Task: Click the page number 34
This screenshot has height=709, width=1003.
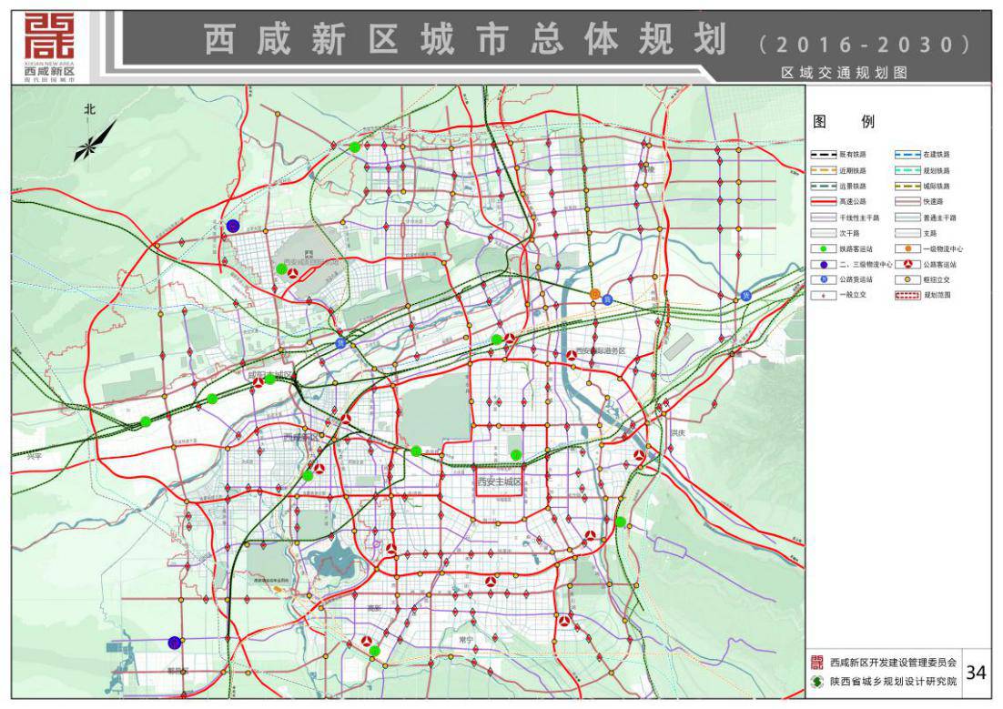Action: pyautogui.click(x=976, y=673)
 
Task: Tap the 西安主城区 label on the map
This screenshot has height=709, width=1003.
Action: pyautogui.click(x=499, y=481)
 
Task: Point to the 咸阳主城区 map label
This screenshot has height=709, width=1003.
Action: pyautogui.click(x=271, y=374)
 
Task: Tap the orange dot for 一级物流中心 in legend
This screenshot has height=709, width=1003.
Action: pyautogui.click(x=907, y=248)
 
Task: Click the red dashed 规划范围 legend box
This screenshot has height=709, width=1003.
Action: pyautogui.click(x=907, y=295)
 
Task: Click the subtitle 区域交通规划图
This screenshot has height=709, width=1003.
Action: pyautogui.click(x=844, y=73)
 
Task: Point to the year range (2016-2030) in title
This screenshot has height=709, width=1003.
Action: pyautogui.click(x=862, y=44)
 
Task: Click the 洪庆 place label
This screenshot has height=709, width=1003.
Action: pyautogui.click(x=677, y=433)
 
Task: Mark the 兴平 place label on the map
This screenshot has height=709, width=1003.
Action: pyautogui.click(x=34, y=456)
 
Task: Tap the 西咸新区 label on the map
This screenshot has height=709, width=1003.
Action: pyautogui.click(x=300, y=437)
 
